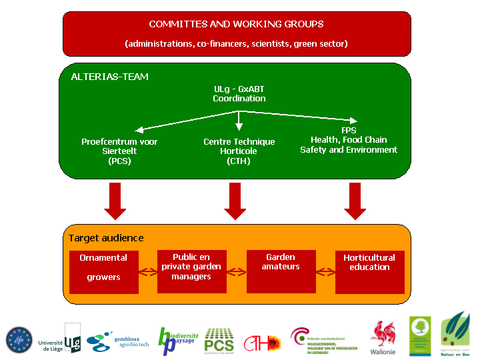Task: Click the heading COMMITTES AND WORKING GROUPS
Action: point(236,24)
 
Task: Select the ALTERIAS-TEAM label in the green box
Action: point(109,77)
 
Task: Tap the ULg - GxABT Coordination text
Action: point(239,93)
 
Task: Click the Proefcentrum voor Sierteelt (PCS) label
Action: point(119,151)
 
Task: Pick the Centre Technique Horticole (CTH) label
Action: point(239,151)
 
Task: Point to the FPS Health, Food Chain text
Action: point(348,140)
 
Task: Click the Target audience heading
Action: point(106,238)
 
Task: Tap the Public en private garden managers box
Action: point(191,267)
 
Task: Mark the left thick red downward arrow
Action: point(115,201)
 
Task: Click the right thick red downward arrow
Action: point(355,201)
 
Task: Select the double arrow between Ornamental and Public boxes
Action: point(147,271)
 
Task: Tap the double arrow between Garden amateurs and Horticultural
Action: point(325,271)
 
